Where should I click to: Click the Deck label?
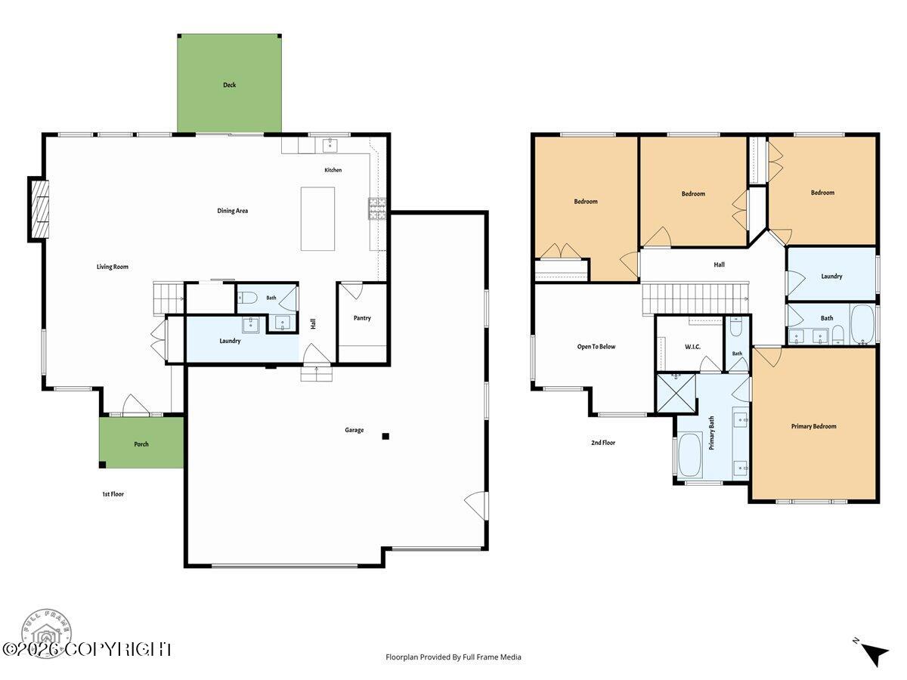pyautogui.click(x=229, y=85)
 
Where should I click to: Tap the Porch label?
pyautogui.click(x=141, y=444)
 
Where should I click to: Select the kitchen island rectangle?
pyautogui.click(x=317, y=219)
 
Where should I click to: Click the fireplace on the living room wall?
pyautogui.click(x=39, y=209)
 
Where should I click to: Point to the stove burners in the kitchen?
pyautogui.click(x=377, y=209)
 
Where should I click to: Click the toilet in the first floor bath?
pyautogui.click(x=247, y=297)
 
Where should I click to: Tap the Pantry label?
pyautogui.click(x=362, y=318)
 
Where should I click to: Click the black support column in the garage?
pyautogui.click(x=385, y=437)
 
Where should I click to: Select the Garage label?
pyautogui.click(x=354, y=430)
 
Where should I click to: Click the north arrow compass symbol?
pyautogui.click(x=874, y=655)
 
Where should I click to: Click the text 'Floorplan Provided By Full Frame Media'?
pyautogui.click(x=453, y=657)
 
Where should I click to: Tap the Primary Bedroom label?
pyautogui.click(x=813, y=426)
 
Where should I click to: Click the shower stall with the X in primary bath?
pyautogui.click(x=676, y=393)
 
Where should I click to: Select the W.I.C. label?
pyautogui.click(x=692, y=347)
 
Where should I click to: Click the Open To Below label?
pyautogui.click(x=596, y=347)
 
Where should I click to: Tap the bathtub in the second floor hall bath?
pyautogui.click(x=863, y=325)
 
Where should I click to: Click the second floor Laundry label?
pyautogui.click(x=831, y=277)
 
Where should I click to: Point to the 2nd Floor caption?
pyautogui.click(x=603, y=443)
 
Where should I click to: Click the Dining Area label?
pyautogui.click(x=233, y=211)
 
